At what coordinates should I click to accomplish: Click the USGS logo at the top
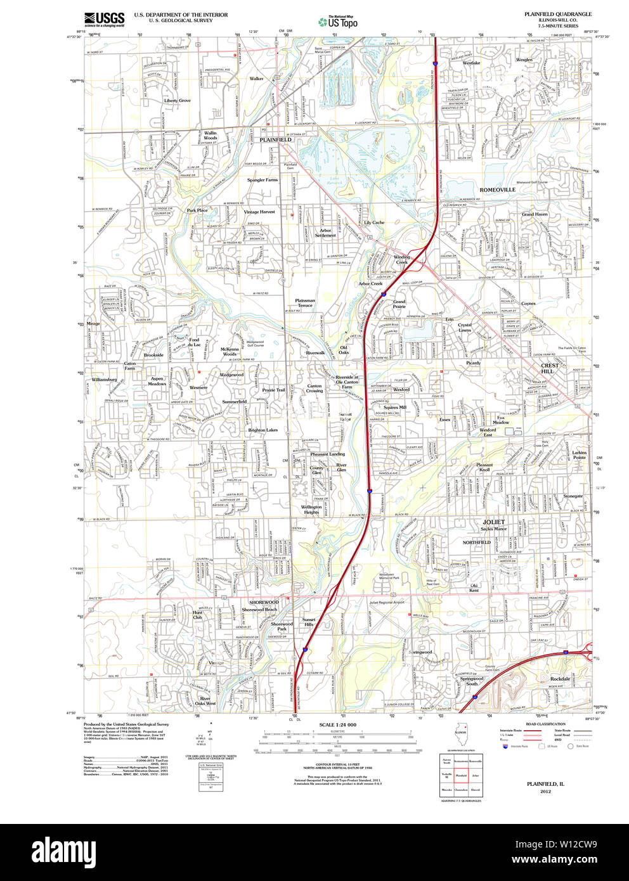point(105,19)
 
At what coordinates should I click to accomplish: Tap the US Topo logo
point(339,22)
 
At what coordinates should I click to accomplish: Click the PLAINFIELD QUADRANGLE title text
point(557,14)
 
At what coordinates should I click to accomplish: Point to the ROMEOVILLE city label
point(497,190)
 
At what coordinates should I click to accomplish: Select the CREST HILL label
point(550,368)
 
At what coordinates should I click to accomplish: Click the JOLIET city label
point(494,522)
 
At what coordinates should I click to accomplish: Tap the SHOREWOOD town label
point(264,602)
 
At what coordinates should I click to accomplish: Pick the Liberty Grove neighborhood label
point(177,101)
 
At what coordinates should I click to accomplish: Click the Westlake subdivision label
point(471,63)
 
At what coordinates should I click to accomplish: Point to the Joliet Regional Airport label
point(387,603)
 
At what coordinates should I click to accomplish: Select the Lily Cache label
point(374,222)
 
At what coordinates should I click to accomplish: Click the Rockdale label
point(560,679)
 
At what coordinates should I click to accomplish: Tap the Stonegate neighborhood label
point(573,496)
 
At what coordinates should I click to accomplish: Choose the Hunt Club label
point(198,615)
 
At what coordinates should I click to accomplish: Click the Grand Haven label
point(535,214)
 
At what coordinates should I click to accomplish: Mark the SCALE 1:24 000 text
point(337,724)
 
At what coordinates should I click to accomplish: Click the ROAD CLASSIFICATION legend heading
point(545,724)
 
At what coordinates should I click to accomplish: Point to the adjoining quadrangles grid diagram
point(461,775)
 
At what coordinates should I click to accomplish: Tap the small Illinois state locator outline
point(462,731)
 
